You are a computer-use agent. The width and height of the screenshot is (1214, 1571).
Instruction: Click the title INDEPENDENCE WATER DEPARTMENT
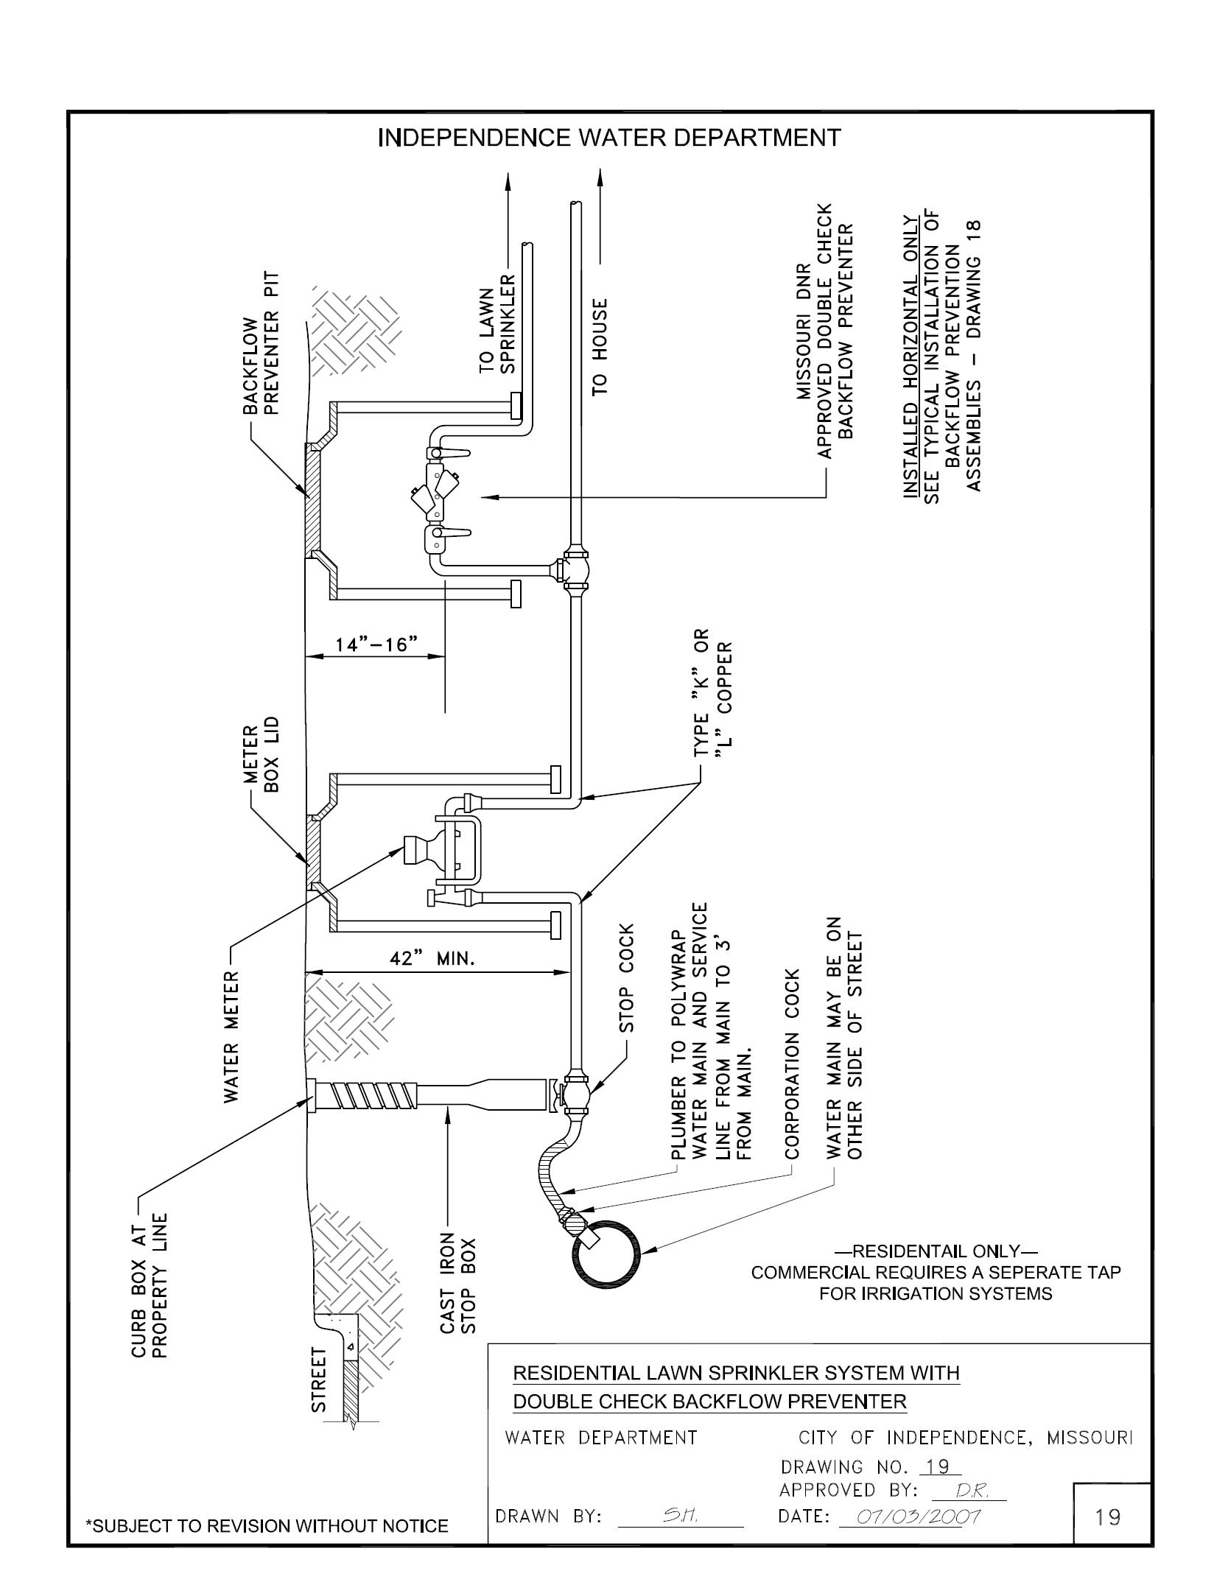point(608,138)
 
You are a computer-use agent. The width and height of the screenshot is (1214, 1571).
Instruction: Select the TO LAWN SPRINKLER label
point(497,323)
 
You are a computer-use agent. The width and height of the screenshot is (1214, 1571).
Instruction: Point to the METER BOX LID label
point(262,758)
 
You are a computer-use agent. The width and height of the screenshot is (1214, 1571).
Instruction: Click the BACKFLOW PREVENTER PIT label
point(262,342)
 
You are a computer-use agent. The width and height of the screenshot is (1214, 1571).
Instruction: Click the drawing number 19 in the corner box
point(1108,1516)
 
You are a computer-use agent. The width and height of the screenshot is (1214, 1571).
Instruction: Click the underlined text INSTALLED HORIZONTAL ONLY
point(913,356)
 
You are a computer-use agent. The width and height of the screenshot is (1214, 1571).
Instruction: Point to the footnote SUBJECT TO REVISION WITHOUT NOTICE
point(267,1526)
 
